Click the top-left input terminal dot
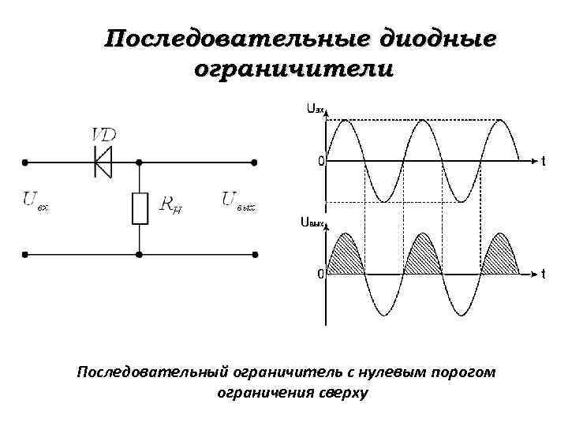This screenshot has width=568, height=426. point(24,163)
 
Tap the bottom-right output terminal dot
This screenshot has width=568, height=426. point(254,255)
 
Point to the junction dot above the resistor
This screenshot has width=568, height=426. point(140,163)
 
